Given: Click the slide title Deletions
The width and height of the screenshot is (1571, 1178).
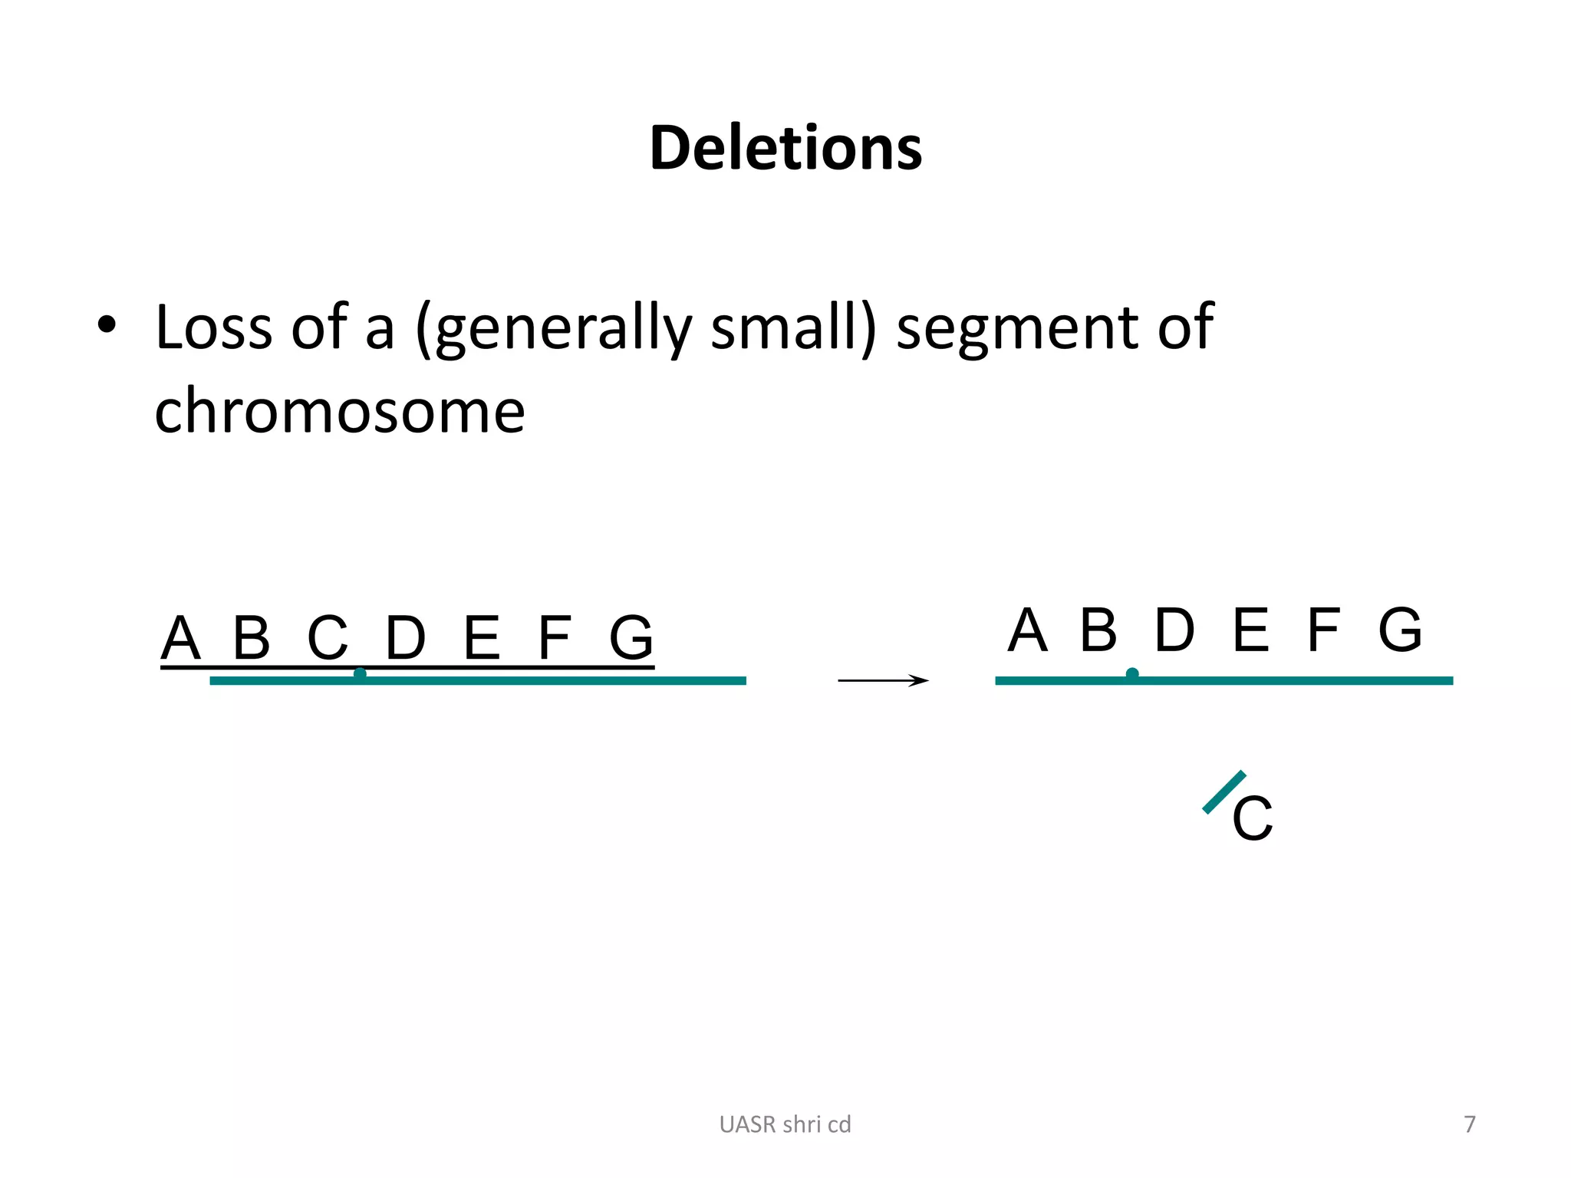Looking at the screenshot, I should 785,147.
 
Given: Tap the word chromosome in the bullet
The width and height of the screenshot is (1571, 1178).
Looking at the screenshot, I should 340,411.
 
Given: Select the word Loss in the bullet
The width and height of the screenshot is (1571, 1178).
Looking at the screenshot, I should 214,328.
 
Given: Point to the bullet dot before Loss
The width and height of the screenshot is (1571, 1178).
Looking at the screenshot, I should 107,325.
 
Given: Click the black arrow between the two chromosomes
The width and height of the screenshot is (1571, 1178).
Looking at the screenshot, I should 883,680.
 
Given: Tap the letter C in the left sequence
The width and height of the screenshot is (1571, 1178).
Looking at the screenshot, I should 328,638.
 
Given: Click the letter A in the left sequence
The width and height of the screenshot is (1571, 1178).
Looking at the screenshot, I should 181,638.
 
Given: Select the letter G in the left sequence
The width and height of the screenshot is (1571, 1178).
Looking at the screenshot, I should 631,638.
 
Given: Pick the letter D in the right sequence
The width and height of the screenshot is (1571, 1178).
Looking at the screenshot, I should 1174,630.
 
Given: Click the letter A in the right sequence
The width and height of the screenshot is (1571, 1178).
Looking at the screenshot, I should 1027,630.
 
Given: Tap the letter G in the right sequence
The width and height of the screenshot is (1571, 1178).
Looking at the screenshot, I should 1400,630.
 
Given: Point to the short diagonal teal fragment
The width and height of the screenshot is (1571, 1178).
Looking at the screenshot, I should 1224,792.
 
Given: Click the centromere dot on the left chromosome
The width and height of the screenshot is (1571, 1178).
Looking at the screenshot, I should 360,674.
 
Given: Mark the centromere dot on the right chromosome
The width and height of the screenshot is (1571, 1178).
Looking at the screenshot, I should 1132,674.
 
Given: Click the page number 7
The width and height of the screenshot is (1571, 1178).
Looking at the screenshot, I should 1470,1124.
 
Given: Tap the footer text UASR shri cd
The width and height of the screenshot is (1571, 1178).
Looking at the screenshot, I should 785,1124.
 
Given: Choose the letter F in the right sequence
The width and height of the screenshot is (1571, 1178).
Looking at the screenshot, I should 1324,630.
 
